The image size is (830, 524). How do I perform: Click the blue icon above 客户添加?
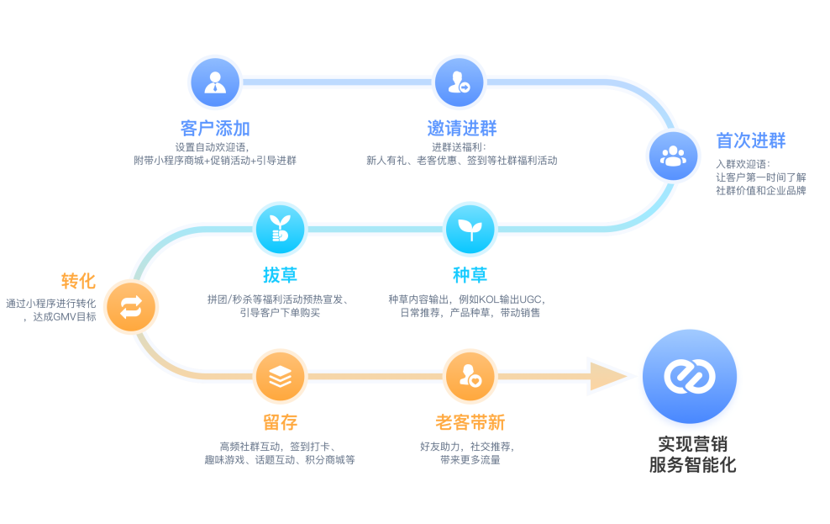[x=216, y=82]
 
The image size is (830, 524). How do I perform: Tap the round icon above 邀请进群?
[x=460, y=82]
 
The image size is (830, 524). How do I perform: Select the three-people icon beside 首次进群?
[x=673, y=156]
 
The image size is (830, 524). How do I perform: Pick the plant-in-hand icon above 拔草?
[x=279, y=229]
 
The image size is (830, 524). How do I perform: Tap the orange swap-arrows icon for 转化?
[x=132, y=306]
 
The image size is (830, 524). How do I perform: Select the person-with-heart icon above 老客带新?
[x=470, y=377]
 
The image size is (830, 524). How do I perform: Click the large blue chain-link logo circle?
[x=689, y=376]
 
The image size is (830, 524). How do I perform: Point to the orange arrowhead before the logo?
[x=607, y=376]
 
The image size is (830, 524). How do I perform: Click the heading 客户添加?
[x=215, y=129]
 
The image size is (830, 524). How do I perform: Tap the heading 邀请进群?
[x=461, y=129]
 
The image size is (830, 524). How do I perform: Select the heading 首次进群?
[x=750, y=140]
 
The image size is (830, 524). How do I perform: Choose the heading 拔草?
[x=280, y=275]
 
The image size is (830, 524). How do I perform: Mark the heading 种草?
[x=470, y=275]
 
